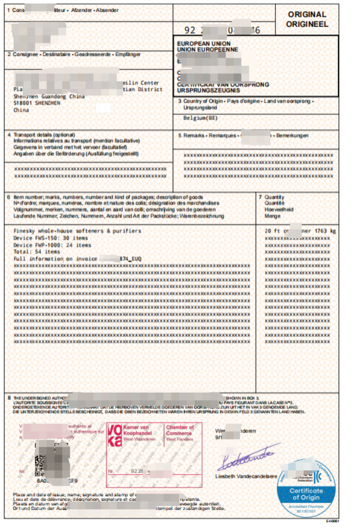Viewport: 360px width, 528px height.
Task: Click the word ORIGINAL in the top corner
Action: pyautogui.click(x=307, y=15)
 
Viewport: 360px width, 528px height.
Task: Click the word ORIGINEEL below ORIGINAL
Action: pyautogui.click(x=307, y=24)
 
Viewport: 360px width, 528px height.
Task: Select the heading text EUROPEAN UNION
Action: pyautogui.click(x=204, y=44)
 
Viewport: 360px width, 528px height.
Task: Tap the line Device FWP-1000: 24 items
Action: pyautogui.click(x=52, y=245)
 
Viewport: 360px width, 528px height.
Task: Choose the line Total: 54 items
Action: pyautogui.click(x=37, y=252)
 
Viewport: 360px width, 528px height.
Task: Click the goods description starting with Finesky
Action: pyautogui.click(x=77, y=231)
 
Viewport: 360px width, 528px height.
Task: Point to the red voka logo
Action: pyautogui.click(x=115, y=435)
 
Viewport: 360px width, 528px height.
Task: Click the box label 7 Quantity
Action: pyautogui.click(x=274, y=197)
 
